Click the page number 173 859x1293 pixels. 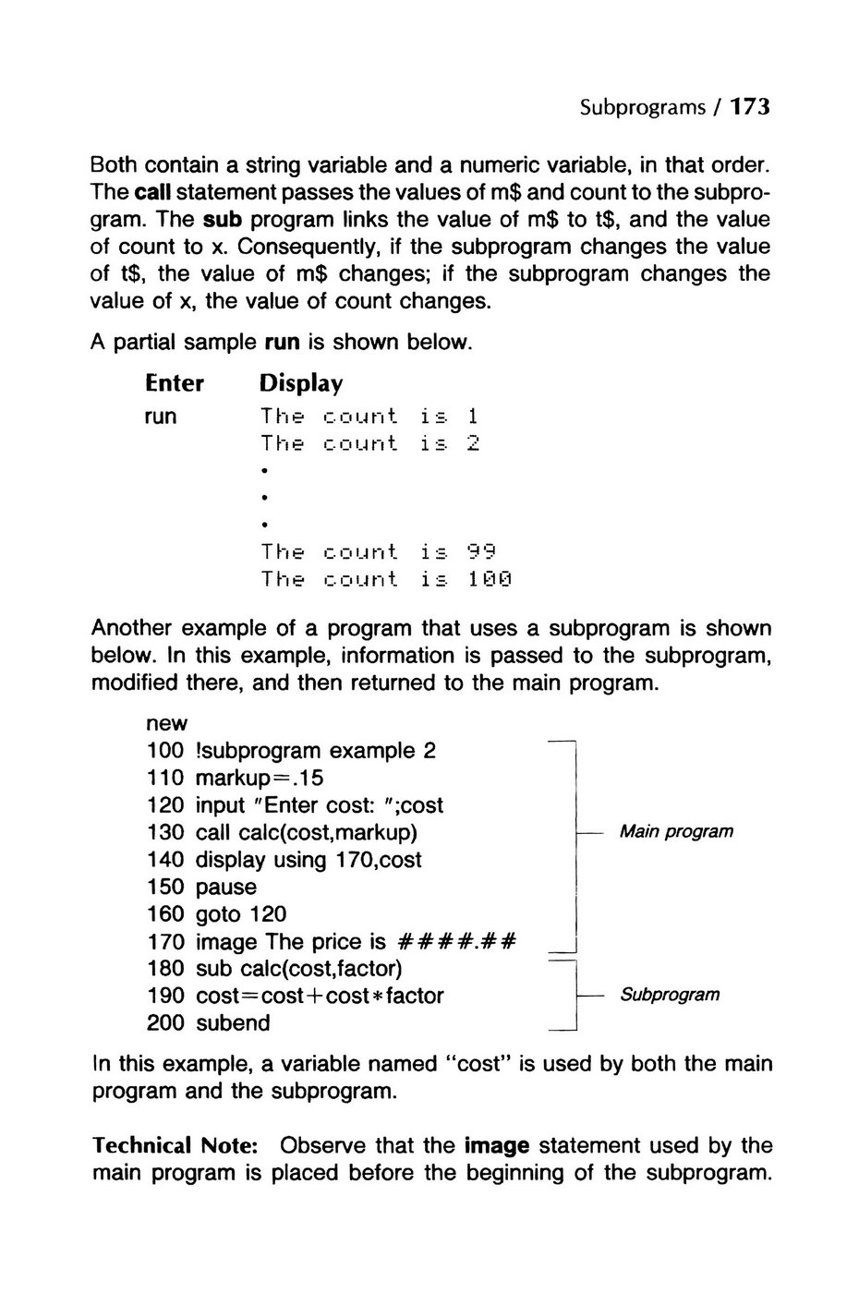(749, 107)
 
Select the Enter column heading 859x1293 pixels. (174, 382)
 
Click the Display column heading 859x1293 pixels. (301, 382)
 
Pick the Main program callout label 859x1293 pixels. (676, 831)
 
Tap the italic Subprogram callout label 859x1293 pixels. (670, 995)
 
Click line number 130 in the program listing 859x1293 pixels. (165, 832)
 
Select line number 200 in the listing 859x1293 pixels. (165, 1023)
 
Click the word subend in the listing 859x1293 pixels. (233, 1023)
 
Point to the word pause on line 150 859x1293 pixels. (226, 887)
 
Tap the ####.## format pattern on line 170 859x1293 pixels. (455, 942)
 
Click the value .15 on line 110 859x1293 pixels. (308, 778)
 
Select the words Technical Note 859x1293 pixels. (175, 1146)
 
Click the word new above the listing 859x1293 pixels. (166, 723)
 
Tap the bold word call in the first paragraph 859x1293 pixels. (153, 194)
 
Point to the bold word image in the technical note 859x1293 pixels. (497, 1146)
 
